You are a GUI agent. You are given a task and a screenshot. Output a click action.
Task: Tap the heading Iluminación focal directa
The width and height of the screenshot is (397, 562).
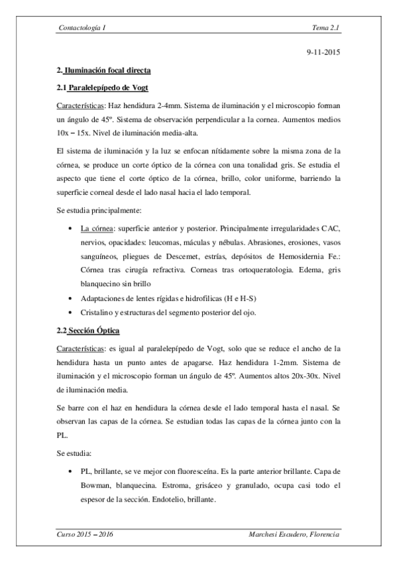click(108, 70)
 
